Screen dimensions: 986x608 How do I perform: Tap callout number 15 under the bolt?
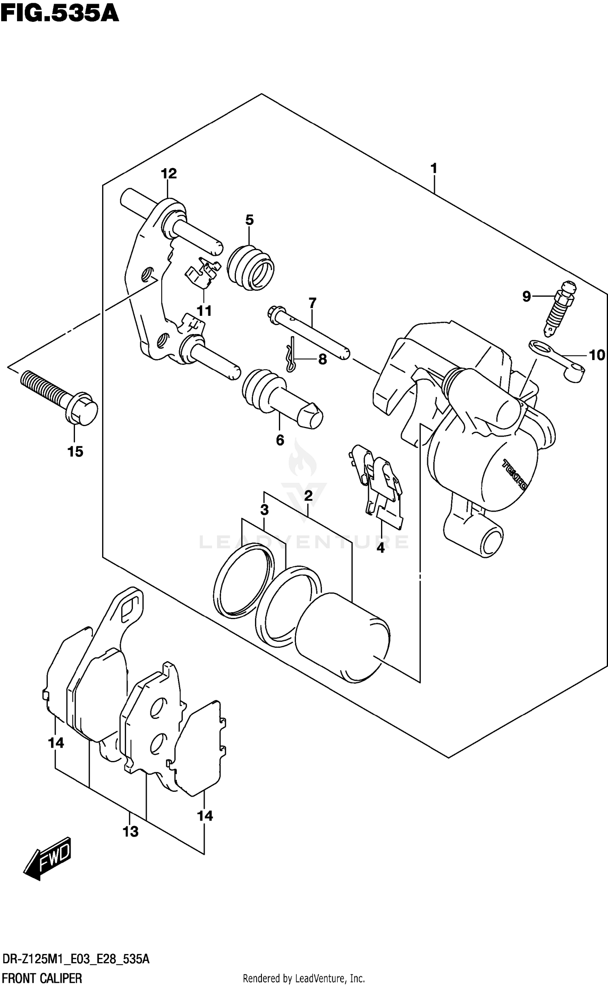coord(75,451)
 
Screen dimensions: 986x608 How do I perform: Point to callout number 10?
coord(596,355)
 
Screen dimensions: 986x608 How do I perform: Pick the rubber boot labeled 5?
coord(250,268)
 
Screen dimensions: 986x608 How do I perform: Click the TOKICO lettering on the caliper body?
coord(514,474)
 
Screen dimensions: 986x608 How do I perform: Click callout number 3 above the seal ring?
coord(265,510)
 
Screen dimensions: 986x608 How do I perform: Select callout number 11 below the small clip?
coord(204,311)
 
